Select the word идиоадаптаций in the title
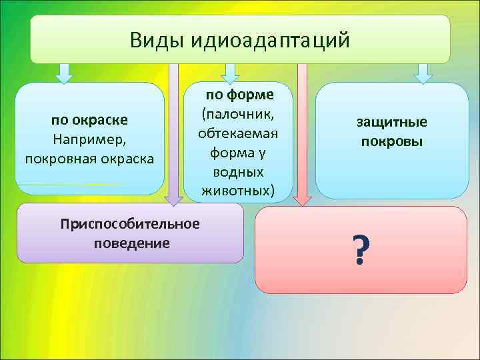[270, 41]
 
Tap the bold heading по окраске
[90, 121]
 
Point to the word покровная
[58, 159]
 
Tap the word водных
[237, 172]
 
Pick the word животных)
[237, 191]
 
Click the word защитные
[391, 122]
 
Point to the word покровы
[391, 141]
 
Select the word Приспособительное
[129, 223]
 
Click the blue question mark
[360, 251]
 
